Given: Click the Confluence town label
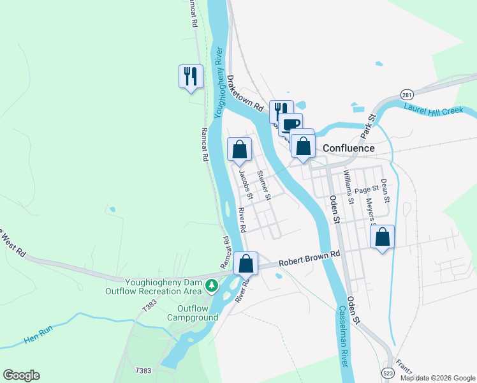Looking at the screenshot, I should [x=348, y=148].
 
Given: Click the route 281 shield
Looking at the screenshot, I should [x=406, y=94].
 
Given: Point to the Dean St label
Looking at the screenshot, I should [x=385, y=190].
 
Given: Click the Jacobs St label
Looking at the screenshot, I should [x=246, y=183].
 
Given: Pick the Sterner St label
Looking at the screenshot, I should [x=263, y=184].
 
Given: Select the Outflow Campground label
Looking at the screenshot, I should [x=193, y=312].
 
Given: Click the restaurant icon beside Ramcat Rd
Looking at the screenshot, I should [x=191, y=77].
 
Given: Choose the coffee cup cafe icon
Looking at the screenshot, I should [x=291, y=124].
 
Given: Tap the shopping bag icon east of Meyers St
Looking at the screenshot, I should [x=382, y=237].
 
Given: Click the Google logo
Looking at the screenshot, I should [x=21, y=375].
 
